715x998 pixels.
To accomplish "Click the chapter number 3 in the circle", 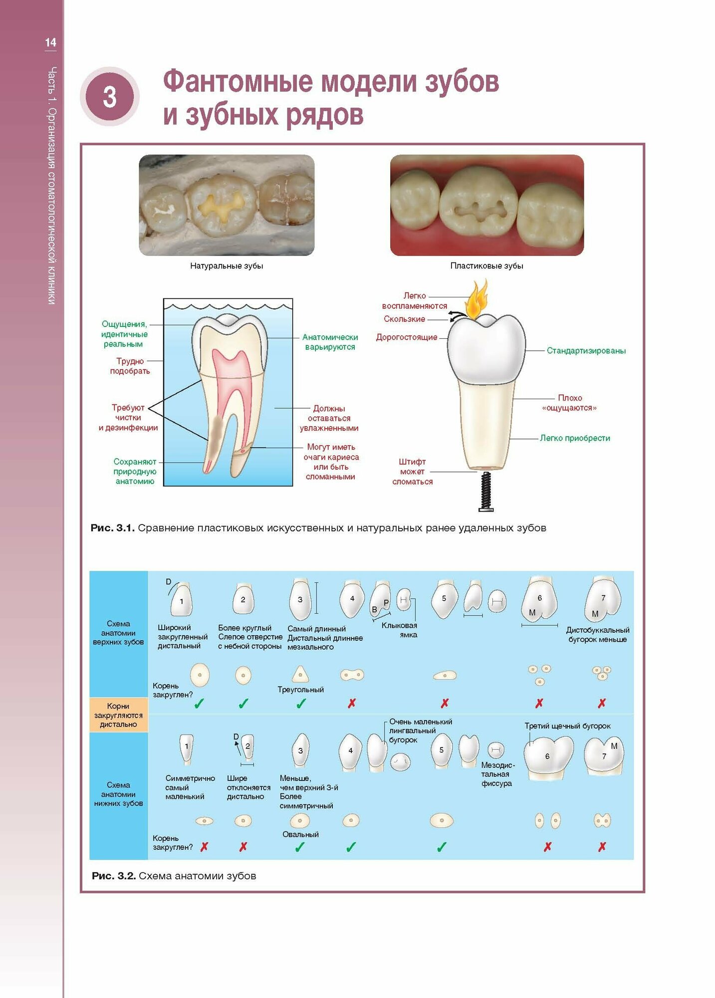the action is [110, 97].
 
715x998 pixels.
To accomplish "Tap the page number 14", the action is [50, 42].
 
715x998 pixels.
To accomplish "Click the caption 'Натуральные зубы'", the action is [227, 266].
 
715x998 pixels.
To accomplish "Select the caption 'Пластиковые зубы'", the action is [486, 266].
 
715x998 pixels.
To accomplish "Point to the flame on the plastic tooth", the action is [476, 299].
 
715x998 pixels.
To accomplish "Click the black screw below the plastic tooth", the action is [486, 492].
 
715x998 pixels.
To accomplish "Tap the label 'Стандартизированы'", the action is [586, 351].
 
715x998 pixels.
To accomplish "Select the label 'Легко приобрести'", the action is [575, 438].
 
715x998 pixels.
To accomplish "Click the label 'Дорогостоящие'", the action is [407, 337].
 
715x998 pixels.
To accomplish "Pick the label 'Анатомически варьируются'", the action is [330, 342].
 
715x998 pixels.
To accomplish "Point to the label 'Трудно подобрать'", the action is [130, 366].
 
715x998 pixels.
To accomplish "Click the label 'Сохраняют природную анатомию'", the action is [135, 472].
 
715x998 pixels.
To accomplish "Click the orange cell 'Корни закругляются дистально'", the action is [118, 715].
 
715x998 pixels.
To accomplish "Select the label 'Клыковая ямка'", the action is [400, 630].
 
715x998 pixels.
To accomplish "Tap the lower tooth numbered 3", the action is [300, 749].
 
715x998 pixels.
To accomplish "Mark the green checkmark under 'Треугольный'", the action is [301, 704].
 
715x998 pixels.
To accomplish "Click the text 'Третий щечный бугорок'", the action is [567, 726].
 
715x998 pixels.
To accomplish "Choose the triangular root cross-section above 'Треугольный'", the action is [300, 674].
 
